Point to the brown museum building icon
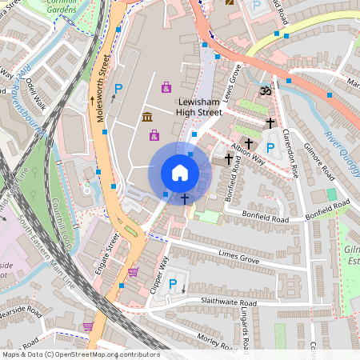pos(148,118)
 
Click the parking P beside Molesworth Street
pos(118,89)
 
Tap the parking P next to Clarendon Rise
pos(270,147)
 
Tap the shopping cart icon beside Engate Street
pos(133,272)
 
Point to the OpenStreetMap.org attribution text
pos(80,354)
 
